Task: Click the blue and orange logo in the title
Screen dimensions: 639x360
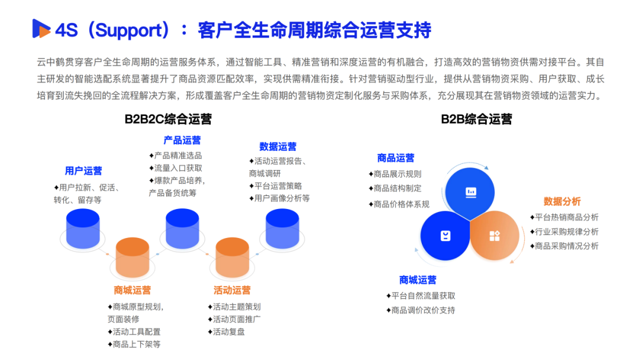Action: [x=42, y=29]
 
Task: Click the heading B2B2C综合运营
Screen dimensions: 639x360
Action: [x=168, y=119]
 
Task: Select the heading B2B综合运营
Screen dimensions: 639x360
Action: [x=476, y=119]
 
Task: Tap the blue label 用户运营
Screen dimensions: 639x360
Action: [x=83, y=171]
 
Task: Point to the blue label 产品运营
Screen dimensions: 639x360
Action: [x=182, y=140]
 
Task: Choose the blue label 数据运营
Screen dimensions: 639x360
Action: [x=277, y=146]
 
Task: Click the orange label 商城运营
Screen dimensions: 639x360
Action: [x=133, y=290]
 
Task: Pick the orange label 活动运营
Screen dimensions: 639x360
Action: [x=232, y=290]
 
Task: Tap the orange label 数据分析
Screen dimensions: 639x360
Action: [x=562, y=201]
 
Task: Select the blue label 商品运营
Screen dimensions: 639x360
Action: [x=396, y=158]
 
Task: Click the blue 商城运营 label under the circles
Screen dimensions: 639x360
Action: [x=418, y=280]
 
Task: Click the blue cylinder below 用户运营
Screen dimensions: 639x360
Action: [x=83, y=228]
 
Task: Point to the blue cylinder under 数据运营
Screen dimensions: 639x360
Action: [x=282, y=228]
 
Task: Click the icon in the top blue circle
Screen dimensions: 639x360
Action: [x=471, y=192]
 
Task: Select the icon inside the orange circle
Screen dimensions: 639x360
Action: [x=495, y=236]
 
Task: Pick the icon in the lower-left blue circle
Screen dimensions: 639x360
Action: [x=446, y=236]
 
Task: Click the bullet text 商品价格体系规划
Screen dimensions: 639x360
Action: [x=399, y=204]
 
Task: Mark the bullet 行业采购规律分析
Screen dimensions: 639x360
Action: [x=564, y=232]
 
